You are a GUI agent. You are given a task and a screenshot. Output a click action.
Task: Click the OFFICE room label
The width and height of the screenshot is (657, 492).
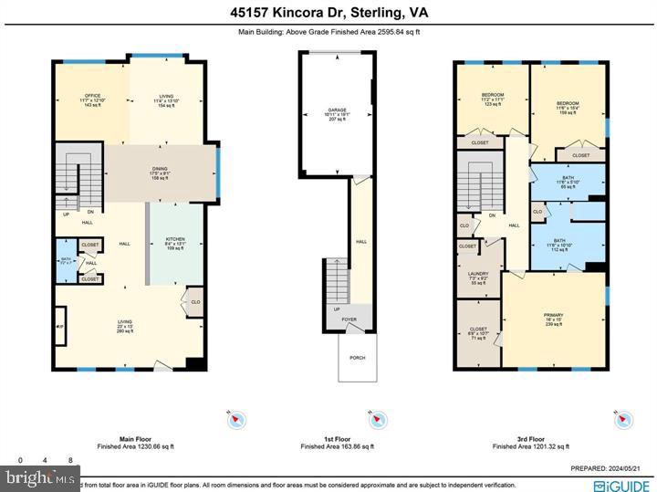[x=92, y=95]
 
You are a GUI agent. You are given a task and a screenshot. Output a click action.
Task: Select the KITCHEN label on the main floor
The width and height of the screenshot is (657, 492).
[x=174, y=239]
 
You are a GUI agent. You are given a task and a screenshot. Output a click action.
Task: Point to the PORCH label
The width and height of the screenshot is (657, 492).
[x=357, y=358]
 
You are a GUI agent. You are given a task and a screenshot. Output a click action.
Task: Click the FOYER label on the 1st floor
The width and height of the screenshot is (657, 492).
[x=349, y=320]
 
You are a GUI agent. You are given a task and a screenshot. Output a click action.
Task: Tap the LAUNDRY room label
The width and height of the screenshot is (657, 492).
[x=478, y=273]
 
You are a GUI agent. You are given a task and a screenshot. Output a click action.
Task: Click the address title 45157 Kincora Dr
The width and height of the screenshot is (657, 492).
[x=328, y=12]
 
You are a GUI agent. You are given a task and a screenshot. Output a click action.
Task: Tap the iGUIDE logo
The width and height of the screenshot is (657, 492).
[x=622, y=482]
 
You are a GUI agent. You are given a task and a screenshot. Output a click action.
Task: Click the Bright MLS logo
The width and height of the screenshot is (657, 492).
[x=40, y=477]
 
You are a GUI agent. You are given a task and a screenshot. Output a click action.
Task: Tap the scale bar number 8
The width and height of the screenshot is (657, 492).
[x=71, y=459]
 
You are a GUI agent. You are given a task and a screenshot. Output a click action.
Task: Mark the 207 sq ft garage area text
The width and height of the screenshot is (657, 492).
[x=338, y=120]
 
